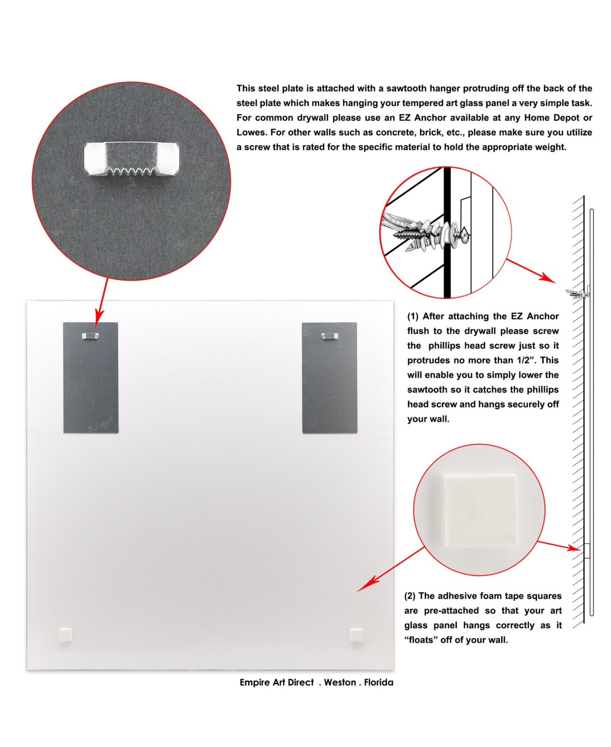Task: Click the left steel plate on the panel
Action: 91,377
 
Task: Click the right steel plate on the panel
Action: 329,377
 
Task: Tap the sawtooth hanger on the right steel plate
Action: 329,336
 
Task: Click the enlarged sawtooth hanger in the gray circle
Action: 131,159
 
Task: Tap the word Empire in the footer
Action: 253,682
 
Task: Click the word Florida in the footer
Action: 379,682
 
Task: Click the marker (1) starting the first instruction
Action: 412,316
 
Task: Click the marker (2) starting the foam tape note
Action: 410,596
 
